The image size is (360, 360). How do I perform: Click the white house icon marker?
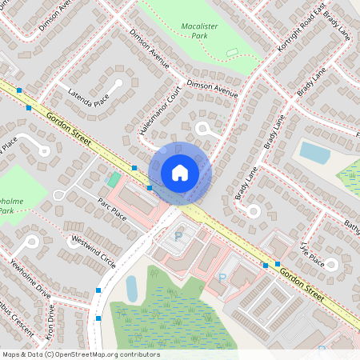179,173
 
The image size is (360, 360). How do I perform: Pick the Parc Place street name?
112,210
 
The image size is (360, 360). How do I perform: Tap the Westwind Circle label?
94,250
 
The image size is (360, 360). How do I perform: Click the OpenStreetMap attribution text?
80,354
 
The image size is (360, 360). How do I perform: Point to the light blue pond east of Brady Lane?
314,152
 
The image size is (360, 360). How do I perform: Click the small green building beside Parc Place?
114,178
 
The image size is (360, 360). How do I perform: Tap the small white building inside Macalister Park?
232,53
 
